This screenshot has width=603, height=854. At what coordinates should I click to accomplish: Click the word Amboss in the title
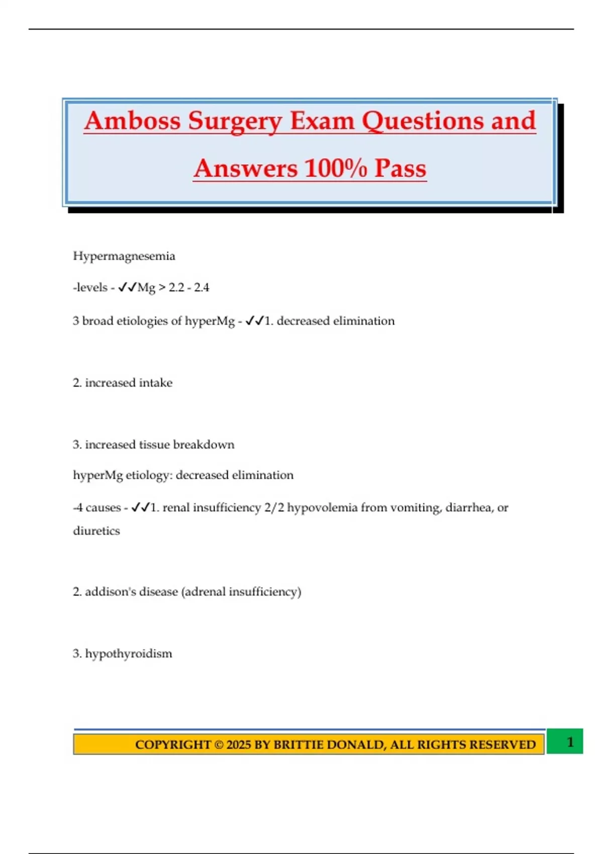pyautogui.click(x=132, y=121)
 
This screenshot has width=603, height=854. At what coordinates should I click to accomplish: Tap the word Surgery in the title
pyautogui.click(x=235, y=122)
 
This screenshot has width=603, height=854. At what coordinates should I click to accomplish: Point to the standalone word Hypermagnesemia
pyautogui.click(x=124, y=256)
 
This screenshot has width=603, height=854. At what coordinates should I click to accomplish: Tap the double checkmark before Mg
pyautogui.click(x=127, y=287)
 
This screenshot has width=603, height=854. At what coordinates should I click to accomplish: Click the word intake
pyautogui.click(x=155, y=383)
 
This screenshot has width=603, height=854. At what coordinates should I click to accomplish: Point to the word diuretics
pyautogui.click(x=96, y=531)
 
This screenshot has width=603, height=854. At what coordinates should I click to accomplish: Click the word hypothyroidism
pyautogui.click(x=128, y=654)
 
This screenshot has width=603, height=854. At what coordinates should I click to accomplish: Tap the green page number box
pyautogui.click(x=565, y=741)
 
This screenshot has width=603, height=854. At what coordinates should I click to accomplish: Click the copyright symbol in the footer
pyautogui.click(x=219, y=744)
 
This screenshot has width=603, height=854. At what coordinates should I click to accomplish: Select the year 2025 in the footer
pyautogui.click(x=239, y=744)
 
